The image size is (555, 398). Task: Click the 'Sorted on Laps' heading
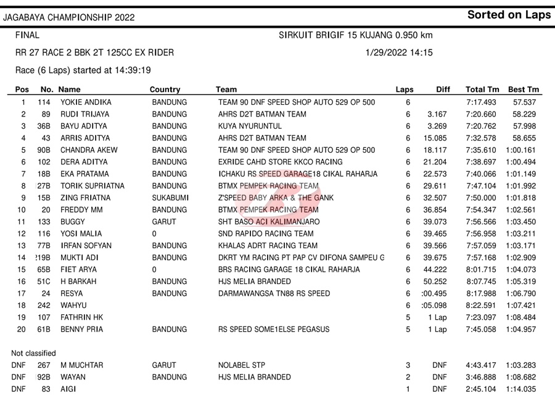(x=509, y=15)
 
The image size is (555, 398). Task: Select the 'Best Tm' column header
(x=524, y=90)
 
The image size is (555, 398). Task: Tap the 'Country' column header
(x=165, y=90)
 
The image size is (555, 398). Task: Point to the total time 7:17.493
(x=481, y=102)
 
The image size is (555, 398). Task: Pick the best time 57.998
(x=525, y=126)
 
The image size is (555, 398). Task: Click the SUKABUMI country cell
(x=170, y=198)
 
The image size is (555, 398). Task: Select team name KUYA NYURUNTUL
(x=250, y=126)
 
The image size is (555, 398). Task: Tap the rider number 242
(x=44, y=306)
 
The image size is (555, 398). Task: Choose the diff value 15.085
(x=436, y=138)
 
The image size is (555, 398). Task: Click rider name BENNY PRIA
(x=81, y=330)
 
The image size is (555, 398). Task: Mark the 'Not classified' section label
(x=33, y=354)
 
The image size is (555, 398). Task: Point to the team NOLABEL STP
(x=242, y=365)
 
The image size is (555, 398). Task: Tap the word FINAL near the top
(x=27, y=36)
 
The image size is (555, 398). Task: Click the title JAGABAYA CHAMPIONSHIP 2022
(x=68, y=17)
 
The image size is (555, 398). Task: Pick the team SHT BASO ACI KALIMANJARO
(x=269, y=222)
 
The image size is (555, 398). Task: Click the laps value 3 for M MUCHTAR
(x=408, y=365)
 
